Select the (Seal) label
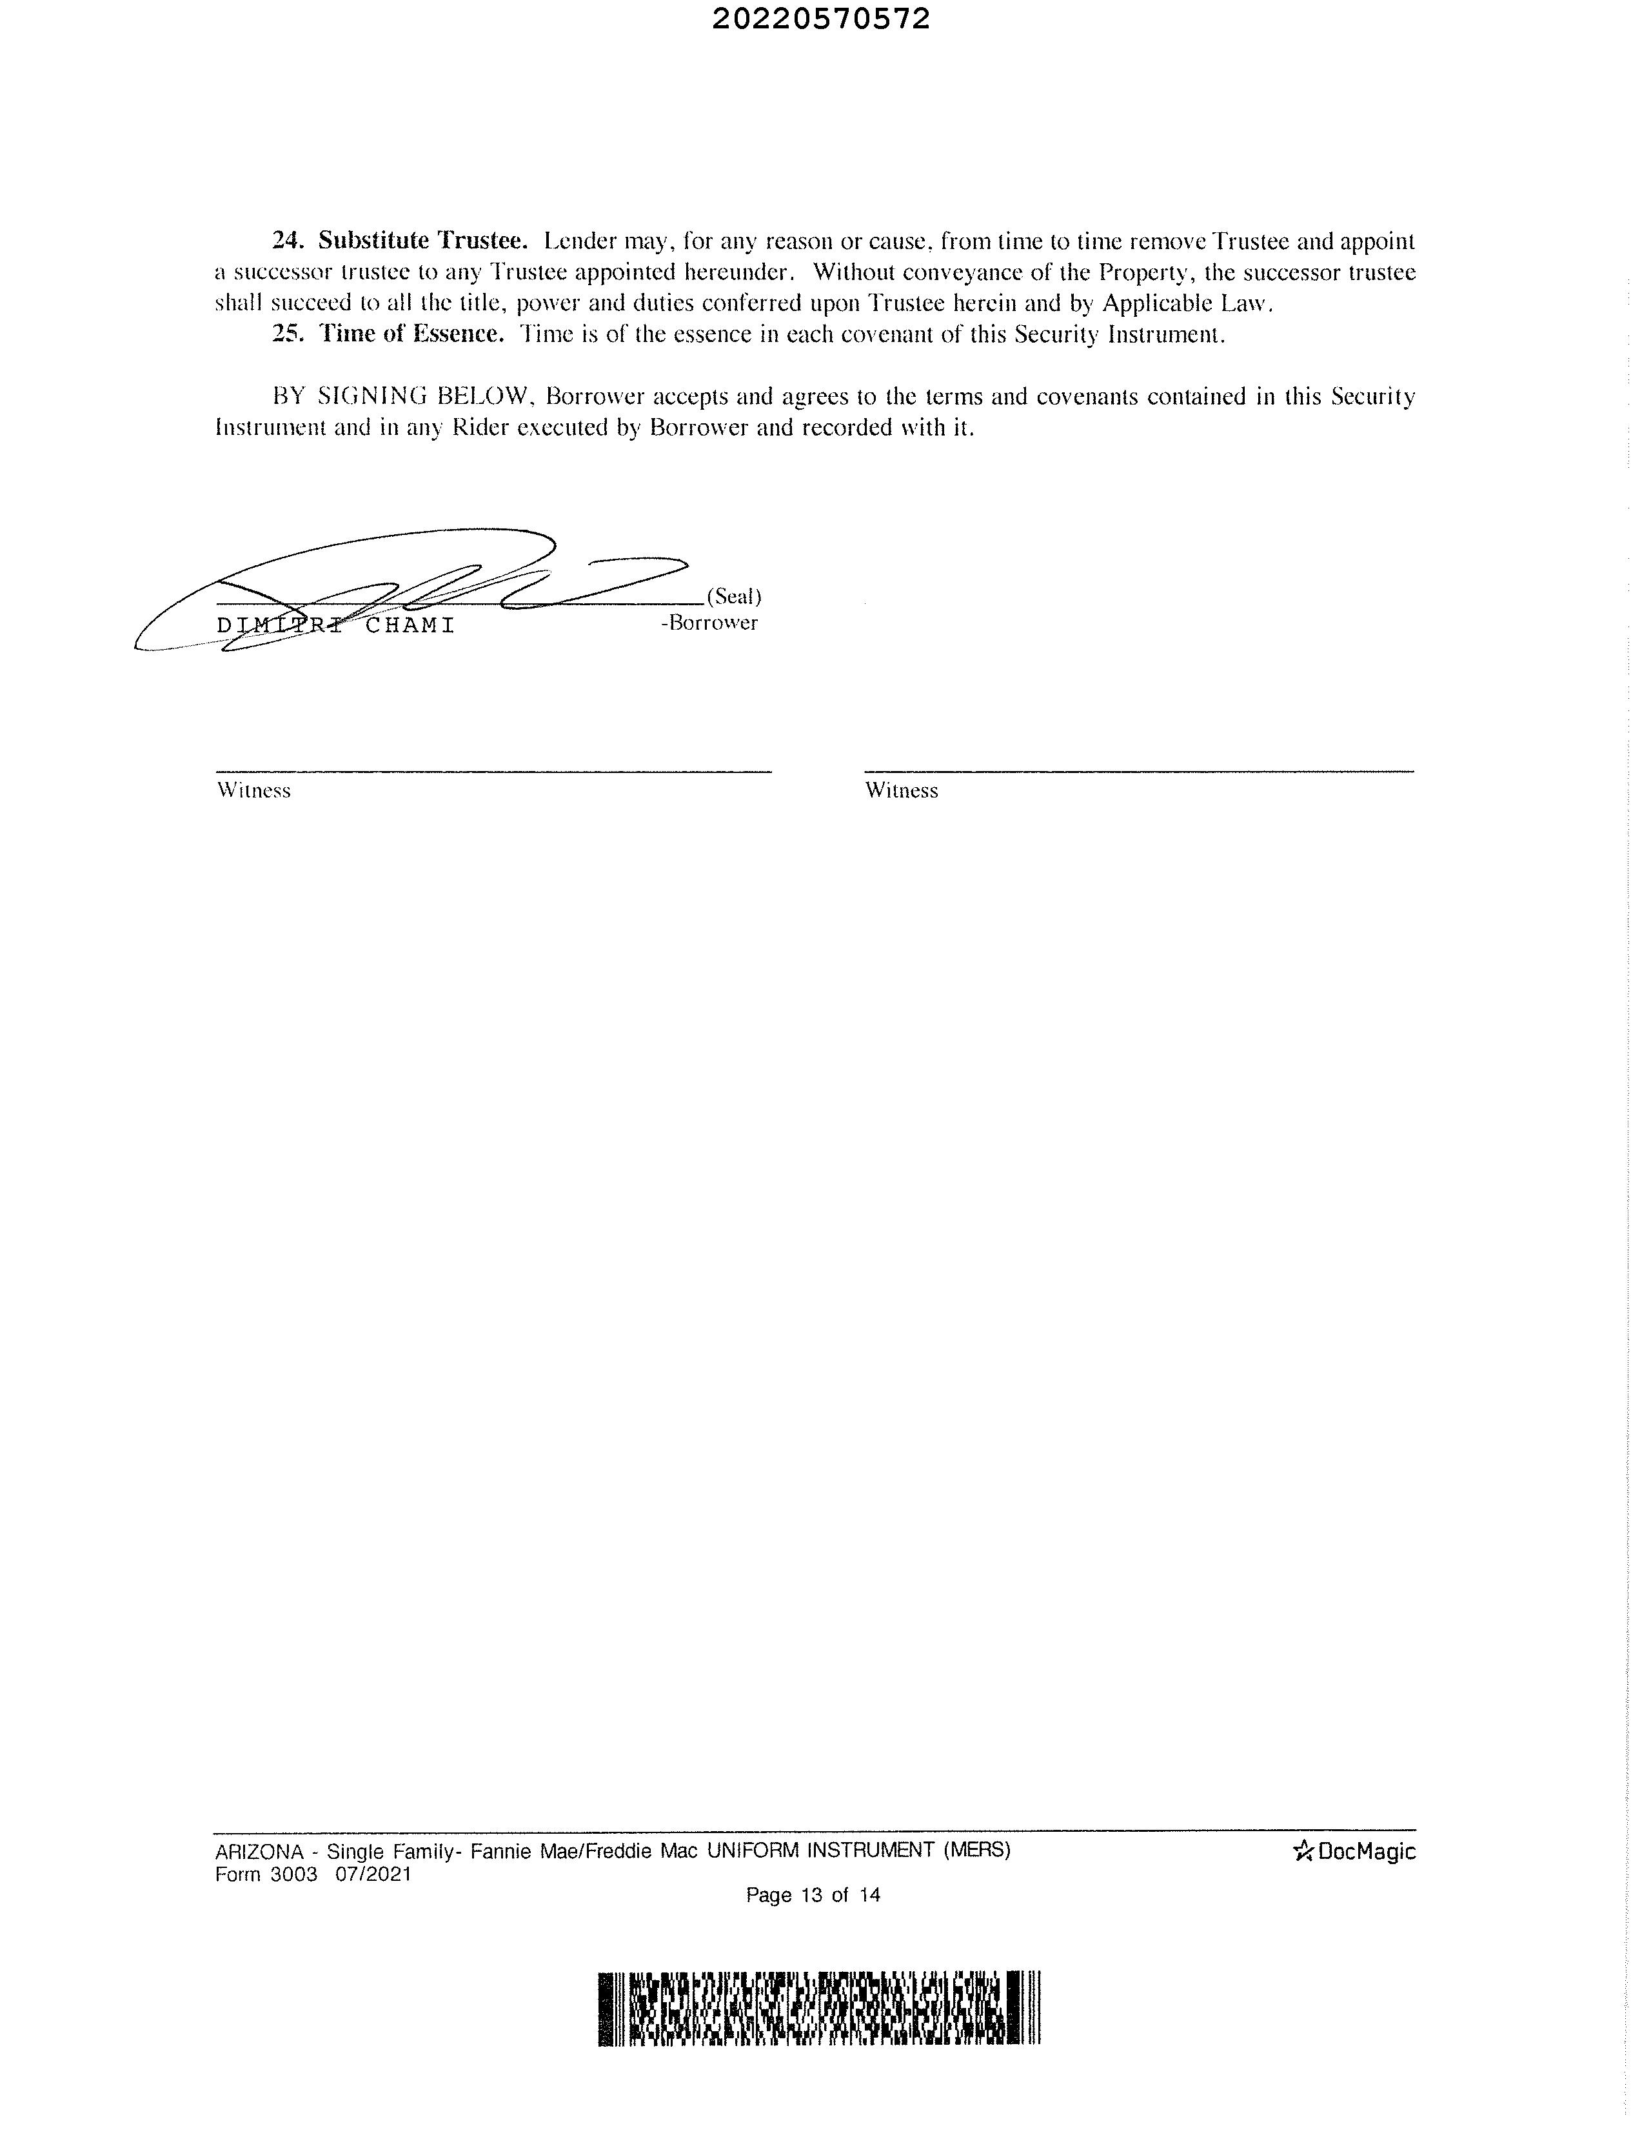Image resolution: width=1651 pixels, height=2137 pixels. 733,597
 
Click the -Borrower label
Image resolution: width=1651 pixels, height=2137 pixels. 709,623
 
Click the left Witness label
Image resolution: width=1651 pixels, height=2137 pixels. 254,790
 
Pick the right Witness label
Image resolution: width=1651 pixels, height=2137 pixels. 901,790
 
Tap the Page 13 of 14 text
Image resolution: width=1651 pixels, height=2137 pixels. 813,1895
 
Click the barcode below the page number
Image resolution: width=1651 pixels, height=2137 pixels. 820,2009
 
